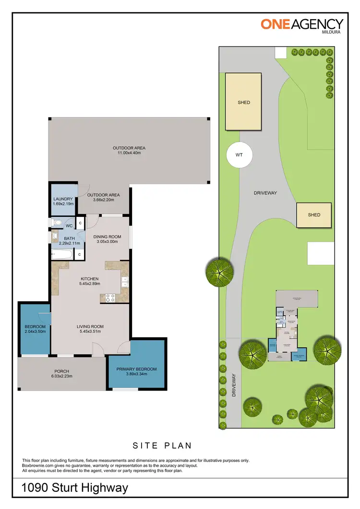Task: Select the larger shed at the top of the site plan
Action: click(x=243, y=102)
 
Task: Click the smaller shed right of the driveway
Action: click(x=314, y=215)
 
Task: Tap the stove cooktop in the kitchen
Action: click(x=109, y=297)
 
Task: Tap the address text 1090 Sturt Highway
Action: click(x=75, y=488)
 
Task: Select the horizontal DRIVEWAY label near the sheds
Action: click(x=265, y=193)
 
